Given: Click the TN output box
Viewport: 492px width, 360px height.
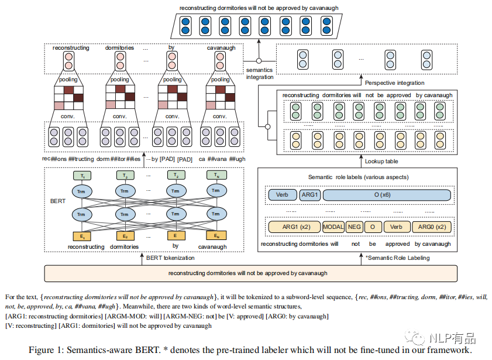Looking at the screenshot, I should [216, 176].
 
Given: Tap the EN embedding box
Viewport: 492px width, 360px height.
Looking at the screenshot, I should [216, 236].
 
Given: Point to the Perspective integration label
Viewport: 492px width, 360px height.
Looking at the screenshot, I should [394, 83].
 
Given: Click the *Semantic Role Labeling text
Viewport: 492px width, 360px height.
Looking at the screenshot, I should [397, 258].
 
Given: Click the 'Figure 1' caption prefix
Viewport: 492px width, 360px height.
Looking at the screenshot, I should [47, 350].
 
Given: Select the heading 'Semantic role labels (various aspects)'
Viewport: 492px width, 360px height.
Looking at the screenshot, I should [358, 177].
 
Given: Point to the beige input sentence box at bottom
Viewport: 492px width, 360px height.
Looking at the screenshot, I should [247, 273].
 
